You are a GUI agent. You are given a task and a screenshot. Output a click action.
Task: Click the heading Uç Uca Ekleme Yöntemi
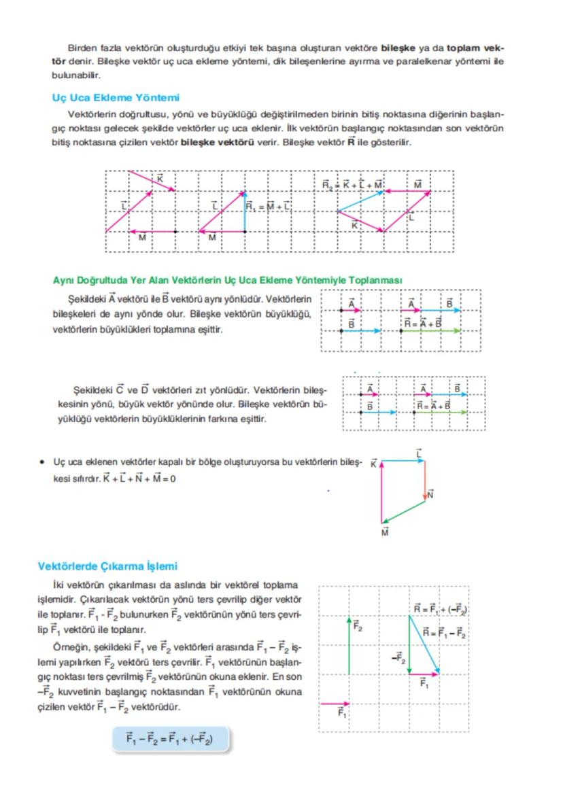coord(115,98)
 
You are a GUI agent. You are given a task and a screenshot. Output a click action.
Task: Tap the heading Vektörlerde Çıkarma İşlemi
coord(107,566)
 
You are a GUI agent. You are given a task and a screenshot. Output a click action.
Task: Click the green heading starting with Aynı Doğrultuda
coord(227,280)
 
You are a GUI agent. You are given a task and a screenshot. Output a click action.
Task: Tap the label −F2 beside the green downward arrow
coord(398,657)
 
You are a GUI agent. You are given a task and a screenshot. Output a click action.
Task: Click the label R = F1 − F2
coord(444,633)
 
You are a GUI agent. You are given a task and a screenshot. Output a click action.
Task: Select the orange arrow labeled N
coord(425,481)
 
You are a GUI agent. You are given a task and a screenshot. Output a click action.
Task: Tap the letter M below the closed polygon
coord(385,533)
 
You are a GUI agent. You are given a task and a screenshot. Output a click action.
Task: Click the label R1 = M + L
coord(268,206)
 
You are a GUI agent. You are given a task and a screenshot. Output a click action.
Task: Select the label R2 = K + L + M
coord(352,185)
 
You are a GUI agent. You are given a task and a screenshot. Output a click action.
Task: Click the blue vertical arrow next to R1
coord(245,212)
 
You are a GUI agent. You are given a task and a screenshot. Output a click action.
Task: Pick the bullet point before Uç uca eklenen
coord(43,462)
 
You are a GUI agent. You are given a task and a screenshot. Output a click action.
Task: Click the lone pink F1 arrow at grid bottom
coord(334,704)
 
